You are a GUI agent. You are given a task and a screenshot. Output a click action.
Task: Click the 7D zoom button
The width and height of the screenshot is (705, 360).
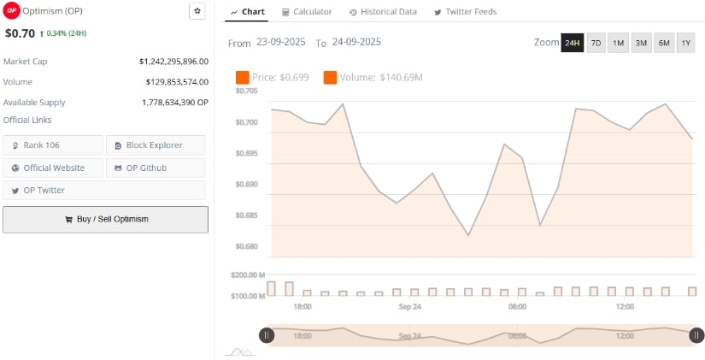(596, 43)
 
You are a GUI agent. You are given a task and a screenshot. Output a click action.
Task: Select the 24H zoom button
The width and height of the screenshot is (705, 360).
(572, 43)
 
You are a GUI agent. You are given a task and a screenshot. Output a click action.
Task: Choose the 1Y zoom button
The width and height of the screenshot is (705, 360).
(685, 43)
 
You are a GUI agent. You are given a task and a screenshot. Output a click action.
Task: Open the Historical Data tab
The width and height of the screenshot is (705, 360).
(383, 12)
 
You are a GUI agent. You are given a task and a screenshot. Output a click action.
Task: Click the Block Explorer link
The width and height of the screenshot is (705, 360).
(155, 145)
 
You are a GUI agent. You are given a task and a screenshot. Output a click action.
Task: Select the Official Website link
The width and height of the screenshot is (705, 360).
(53, 168)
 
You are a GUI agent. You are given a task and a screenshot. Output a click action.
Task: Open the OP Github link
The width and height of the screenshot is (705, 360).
(155, 168)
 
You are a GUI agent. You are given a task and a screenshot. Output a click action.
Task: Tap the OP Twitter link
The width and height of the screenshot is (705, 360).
(53, 190)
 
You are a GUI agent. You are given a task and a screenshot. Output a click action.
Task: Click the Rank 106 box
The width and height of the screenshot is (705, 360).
(53, 145)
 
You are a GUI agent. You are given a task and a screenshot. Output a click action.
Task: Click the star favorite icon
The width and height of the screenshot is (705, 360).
(197, 11)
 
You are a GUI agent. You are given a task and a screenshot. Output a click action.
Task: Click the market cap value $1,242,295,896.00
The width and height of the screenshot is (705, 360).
(173, 62)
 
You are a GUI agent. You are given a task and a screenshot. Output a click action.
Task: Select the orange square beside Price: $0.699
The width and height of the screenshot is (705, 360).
(242, 78)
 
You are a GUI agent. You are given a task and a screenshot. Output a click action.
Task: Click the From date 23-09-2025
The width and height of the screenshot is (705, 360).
(282, 42)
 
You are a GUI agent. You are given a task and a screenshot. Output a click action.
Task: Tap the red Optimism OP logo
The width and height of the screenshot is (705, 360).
(12, 10)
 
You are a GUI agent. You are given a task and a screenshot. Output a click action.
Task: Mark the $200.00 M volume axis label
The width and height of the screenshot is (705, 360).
(248, 275)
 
